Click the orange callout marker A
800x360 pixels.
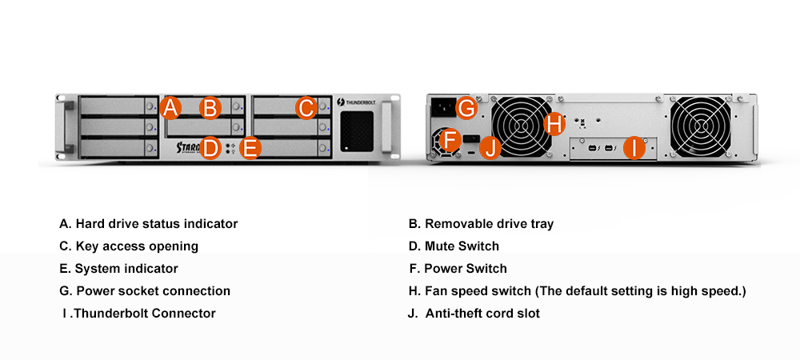point(170,108)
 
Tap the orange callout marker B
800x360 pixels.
point(210,108)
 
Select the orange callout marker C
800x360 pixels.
point(306,108)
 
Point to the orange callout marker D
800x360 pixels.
point(210,148)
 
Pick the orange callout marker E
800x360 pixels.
point(250,148)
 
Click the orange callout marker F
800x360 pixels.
point(450,141)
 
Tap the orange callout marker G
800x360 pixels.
point(468,107)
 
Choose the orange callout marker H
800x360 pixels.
point(554,124)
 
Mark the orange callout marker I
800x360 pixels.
point(634,148)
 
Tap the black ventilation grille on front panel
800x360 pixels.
point(356,130)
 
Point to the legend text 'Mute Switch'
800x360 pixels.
point(462,246)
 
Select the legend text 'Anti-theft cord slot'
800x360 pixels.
point(482,314)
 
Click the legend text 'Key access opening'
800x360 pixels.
point(137,246)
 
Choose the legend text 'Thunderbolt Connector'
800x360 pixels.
point(145,314)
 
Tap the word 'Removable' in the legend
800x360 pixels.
point(455,224)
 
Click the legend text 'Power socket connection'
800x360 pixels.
point(153,291)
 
